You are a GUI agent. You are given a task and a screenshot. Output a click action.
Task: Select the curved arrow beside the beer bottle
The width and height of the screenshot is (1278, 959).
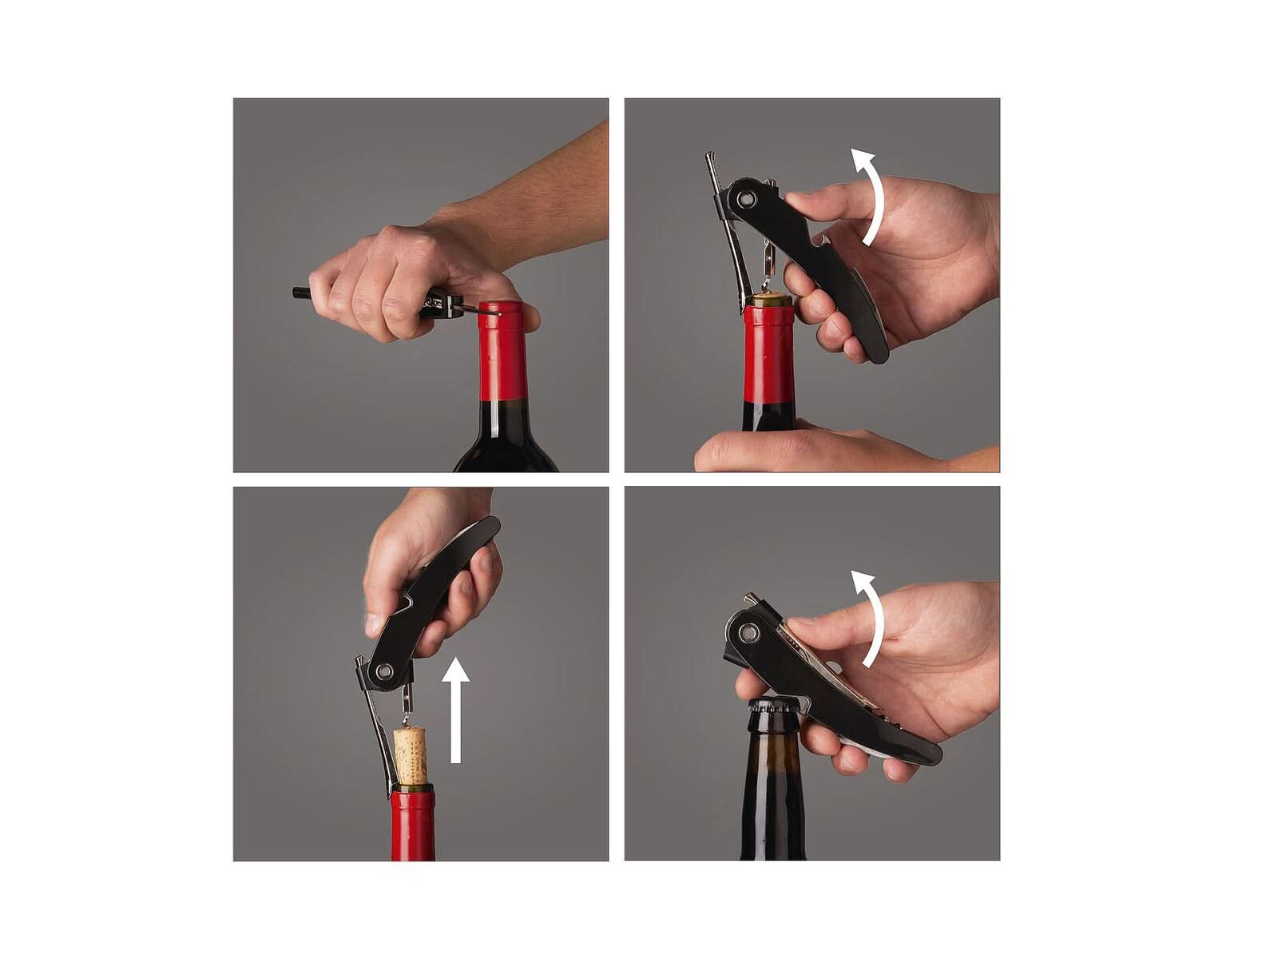point(876,619)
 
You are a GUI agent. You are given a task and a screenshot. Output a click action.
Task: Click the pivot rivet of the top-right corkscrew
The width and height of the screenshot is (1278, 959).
point(746,198)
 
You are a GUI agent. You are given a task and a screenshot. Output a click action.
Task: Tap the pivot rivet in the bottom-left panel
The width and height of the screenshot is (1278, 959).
point(386,671)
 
